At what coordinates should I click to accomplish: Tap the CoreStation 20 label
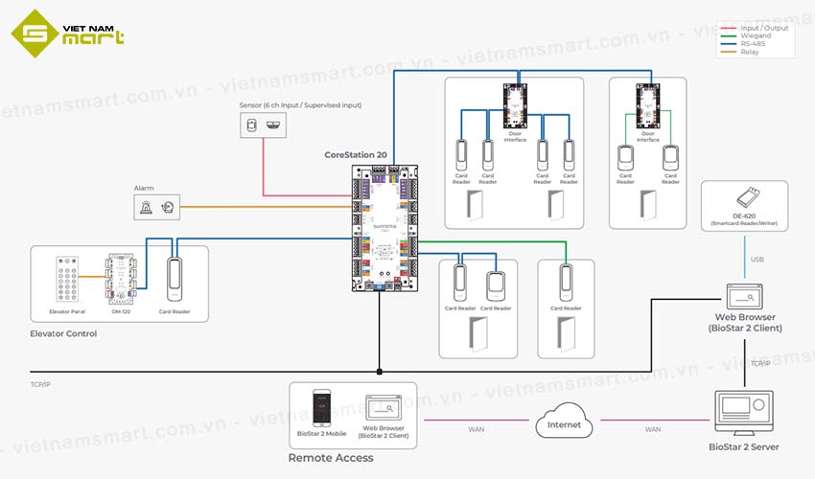[356, 154]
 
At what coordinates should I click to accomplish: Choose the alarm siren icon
[146, 206]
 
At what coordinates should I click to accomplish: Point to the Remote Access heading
[330, 458]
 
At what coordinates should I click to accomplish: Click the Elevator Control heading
[63, 334]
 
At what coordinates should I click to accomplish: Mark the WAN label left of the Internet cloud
[476, 429]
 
